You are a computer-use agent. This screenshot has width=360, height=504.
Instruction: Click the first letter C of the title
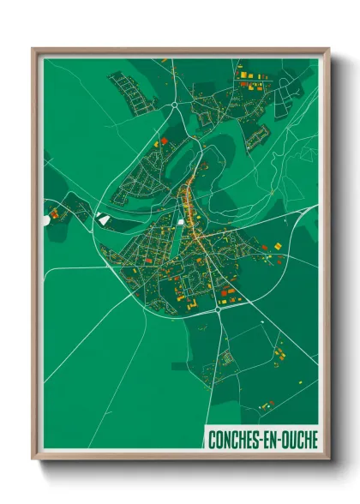click(x=211, y=440)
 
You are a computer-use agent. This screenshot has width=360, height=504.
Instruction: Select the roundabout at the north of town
click(x=174, y=106)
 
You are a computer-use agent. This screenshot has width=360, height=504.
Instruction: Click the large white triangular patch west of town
click(x=105, y=219)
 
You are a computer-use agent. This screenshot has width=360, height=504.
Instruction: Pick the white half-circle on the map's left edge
click(x=46, y=220)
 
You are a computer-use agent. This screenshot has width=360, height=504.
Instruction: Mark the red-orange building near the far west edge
click(x=54, y=213)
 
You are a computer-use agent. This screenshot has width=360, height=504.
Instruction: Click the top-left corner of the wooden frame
click(x=33, y=50)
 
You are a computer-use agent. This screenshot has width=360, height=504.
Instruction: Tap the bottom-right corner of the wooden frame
click(x=328, y=460)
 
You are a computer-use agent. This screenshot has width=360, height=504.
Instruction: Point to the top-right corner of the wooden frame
click(x=328, y=50)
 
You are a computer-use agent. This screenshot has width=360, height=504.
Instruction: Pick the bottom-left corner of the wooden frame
click(x=33, y=460)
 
